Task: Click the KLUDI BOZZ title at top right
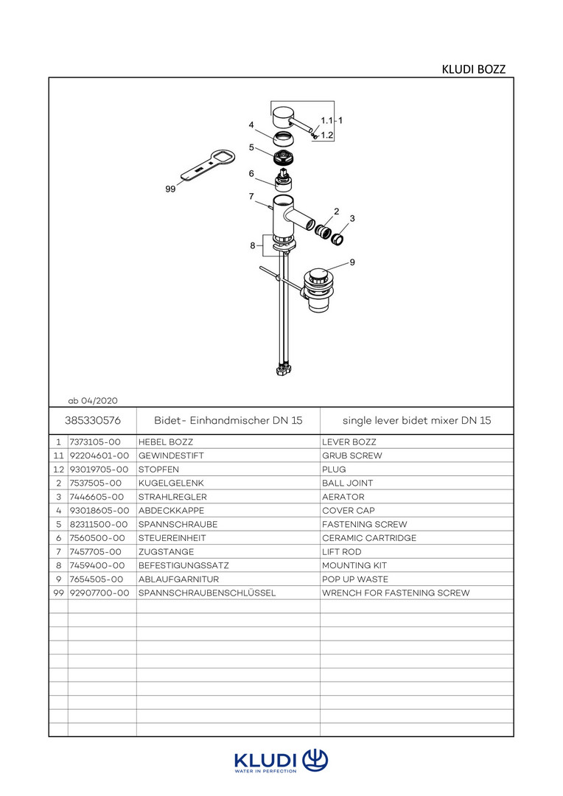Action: point(473,69)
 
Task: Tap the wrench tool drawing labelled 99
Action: point(208,165)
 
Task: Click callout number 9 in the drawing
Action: point(352,262)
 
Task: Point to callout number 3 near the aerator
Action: point(352,219)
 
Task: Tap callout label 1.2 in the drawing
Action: point(327,135)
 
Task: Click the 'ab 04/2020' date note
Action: point(93,400)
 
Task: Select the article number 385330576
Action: point(93,420)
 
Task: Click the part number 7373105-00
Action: point(95,442)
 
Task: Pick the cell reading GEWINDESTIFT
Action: point(171,456)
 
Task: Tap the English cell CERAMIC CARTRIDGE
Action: point(369,538)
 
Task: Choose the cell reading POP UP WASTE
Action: point(355,579)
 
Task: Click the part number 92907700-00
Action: point(99,593)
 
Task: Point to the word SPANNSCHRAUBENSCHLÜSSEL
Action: point(207,593)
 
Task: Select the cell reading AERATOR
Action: point(343,497)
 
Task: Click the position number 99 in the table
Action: point(59,593)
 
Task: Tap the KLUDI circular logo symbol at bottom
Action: point(315,761)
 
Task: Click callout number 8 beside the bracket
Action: point(252,245)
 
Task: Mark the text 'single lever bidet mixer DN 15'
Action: point(417,420)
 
